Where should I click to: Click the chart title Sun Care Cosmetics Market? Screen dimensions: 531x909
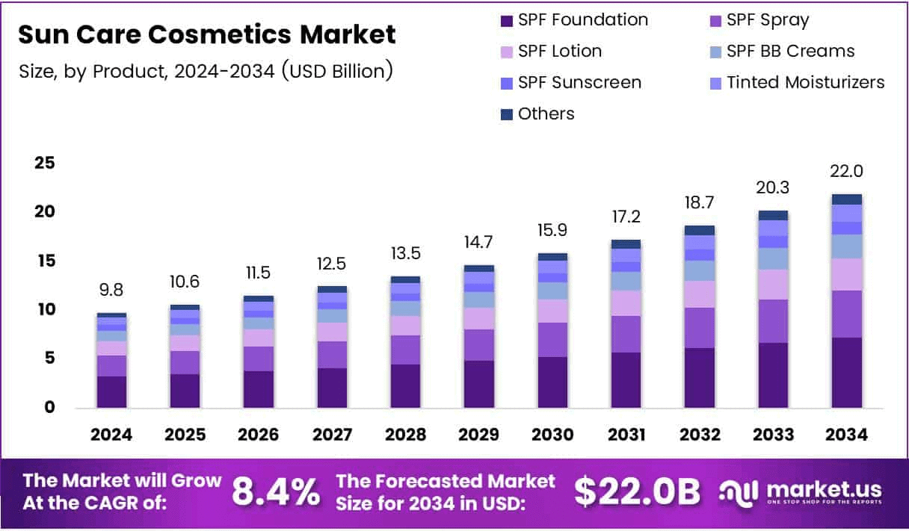coord(206,34)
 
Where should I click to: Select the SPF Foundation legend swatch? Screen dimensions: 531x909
coord(506,20)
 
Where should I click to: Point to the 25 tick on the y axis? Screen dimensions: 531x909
coord(44,163)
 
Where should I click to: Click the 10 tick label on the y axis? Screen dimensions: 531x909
coord(44,309)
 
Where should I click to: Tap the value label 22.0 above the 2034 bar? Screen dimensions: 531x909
coord(846,171)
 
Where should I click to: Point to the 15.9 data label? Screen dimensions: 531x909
coord(552,230)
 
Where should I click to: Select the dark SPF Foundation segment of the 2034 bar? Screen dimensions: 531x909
coord(846,373)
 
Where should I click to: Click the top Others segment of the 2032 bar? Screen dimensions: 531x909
coord(699,231)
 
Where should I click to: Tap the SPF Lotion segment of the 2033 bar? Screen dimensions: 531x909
coord(773,285)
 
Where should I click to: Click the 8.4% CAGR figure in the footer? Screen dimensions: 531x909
coord(275,491)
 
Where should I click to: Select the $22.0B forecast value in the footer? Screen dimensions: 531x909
coord(637,491)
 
